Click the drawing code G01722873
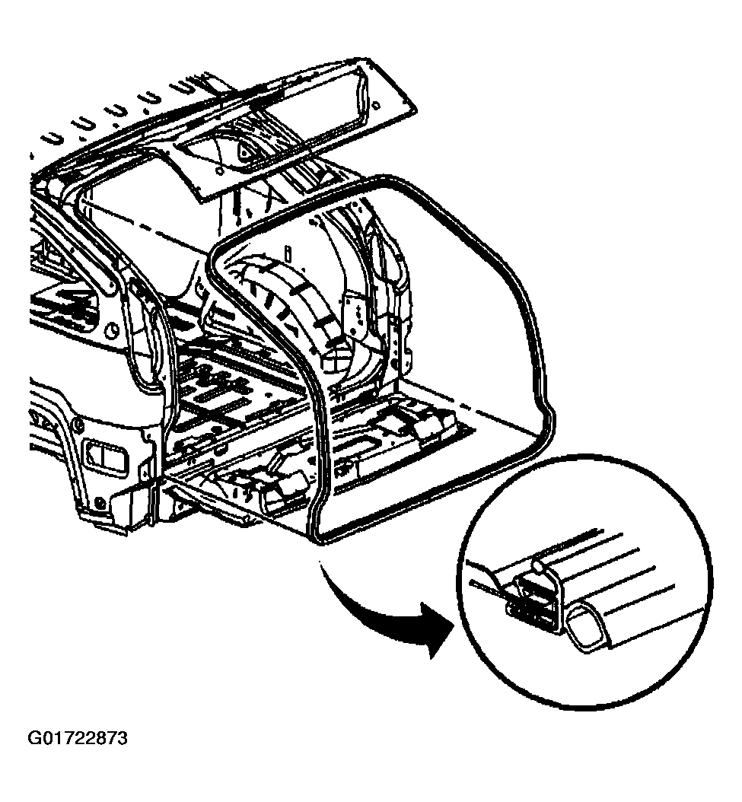pyautogui.click(x=78, y=739)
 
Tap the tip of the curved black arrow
pyautogui.click(x=453, y=624)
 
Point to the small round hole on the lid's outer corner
pyautogui.click(x=377, y=106)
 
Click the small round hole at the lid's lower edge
pyautogui.click(x=219, y=171)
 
